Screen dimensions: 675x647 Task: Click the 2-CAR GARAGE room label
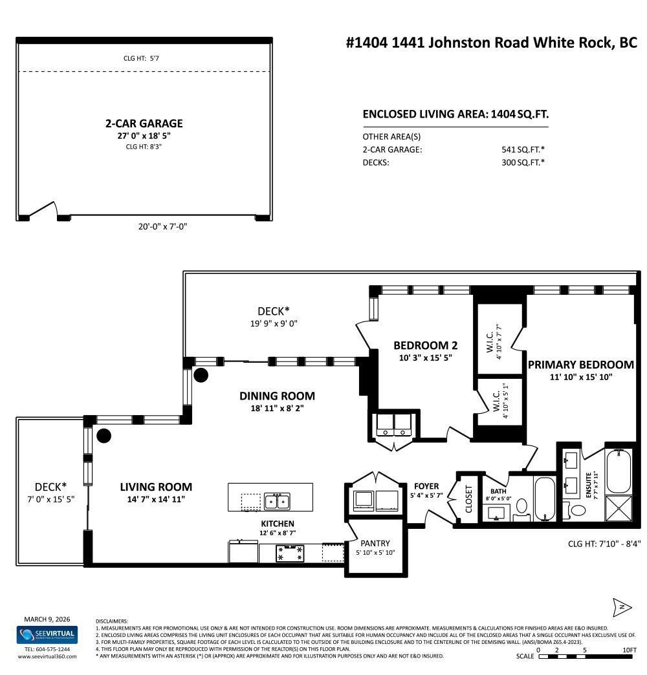[144, 123]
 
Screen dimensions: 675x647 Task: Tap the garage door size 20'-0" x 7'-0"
[157, 226]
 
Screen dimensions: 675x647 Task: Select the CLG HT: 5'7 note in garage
[141, 58]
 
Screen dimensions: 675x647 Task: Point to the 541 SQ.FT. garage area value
[521, 149]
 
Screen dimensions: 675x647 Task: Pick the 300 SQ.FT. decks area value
[521, 162]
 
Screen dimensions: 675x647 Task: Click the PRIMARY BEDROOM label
[580, 365]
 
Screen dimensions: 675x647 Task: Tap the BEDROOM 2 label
[425, 345]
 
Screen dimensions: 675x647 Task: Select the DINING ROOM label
[277, 396]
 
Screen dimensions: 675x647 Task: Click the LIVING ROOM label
[156, 487]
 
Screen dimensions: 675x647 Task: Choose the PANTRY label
[375, 543]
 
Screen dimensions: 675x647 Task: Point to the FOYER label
[426, 486]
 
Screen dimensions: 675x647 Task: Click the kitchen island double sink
[277, 501]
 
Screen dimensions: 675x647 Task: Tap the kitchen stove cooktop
[290, 553]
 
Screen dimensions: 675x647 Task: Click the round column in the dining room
[201, 374]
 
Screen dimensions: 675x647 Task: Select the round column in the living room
[104, 436]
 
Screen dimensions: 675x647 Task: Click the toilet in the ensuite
[577, 510]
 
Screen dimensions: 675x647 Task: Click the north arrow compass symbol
[621, 606]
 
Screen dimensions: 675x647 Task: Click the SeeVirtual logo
[47, 634]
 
